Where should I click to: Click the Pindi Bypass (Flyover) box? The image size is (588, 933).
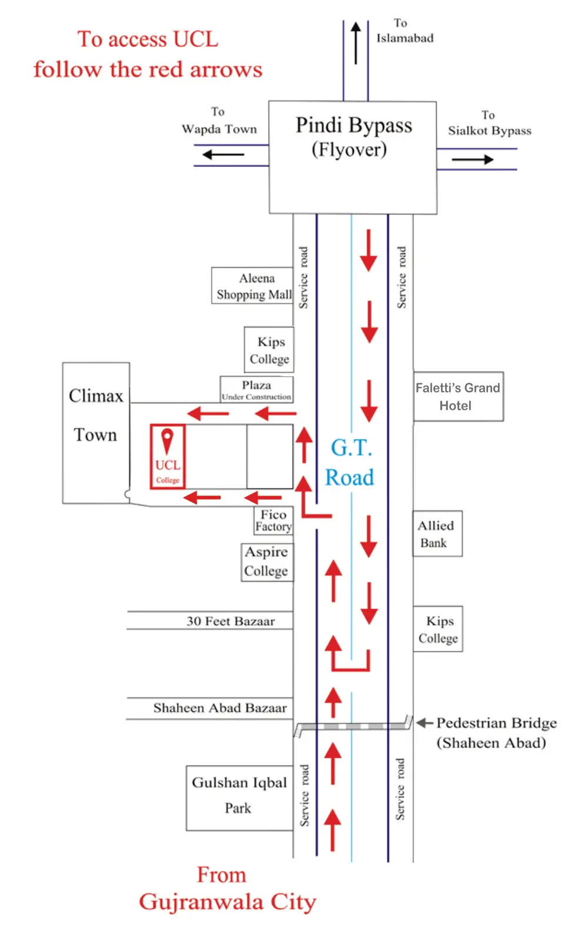point(353,157)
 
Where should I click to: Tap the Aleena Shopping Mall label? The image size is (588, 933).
point(253,286)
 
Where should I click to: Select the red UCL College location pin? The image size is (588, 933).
point(168,440)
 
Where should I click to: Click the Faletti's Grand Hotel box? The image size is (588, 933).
point(458,396)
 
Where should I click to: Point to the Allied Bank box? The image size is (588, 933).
point(437,534)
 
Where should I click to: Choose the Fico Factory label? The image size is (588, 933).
point(273,521)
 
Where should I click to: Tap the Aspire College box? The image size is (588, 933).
point(267,562)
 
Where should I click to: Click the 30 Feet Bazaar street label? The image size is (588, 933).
point(230,621)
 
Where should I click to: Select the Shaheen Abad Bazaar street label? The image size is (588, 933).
point(220,708)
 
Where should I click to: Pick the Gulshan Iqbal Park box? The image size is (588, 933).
point(239,797)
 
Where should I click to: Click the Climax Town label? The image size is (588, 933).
point(96,415)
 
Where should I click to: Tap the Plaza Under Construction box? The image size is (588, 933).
point(256,389)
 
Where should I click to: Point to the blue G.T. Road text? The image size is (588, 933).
point(350,463)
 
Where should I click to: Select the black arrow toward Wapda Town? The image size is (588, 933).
point(223,155)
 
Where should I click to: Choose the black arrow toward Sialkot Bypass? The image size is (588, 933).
point(473,159)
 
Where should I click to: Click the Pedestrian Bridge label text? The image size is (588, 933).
point(496,733)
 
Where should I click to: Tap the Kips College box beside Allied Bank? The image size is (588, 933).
point(438,629)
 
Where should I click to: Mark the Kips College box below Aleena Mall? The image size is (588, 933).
point(269,350)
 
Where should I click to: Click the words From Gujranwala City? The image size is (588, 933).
point(227,889)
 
